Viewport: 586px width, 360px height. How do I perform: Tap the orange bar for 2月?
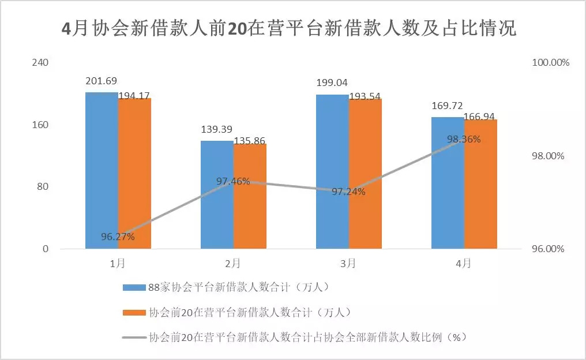point(250,196)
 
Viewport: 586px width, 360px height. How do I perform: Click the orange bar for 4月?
point(480,184)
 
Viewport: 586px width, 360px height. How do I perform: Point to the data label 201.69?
point(101,81)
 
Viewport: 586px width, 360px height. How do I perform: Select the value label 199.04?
point(332,83)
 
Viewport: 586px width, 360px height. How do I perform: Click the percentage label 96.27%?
point(118,237)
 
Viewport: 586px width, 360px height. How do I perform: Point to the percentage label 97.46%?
point(233,182)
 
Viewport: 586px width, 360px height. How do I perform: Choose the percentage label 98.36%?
point(464,139)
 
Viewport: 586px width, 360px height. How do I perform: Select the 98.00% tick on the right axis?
point(550,156)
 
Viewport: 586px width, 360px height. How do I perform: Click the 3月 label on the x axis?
point(348,264)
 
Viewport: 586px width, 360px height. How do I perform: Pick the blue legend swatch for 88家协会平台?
point(134,287)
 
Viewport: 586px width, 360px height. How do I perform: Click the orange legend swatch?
point(134,312)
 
